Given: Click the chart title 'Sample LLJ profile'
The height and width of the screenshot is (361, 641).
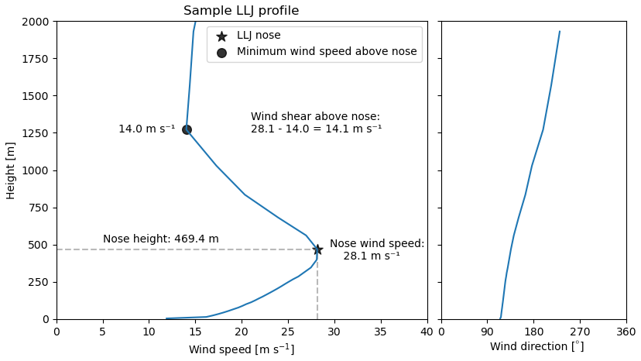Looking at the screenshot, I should click(x=241, y=11).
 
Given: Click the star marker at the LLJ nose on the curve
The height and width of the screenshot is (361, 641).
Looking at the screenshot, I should click(x=317, y=249).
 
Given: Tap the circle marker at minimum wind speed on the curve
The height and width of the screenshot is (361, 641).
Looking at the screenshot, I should click(x=187, y=129).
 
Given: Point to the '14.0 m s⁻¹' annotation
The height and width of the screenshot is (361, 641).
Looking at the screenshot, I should click(x=146, y=129).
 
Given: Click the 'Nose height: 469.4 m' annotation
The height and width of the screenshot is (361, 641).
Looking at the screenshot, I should click(x=161, y=239).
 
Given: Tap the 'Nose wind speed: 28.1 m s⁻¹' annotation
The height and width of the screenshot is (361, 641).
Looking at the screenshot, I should click(x=376, y=249).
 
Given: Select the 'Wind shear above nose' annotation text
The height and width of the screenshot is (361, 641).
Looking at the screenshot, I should click(x=316, y=122).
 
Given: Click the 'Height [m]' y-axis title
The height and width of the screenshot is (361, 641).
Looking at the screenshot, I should click(x=11, y=170).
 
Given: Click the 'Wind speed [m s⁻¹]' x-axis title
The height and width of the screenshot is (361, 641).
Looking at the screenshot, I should click(x=242, y=349).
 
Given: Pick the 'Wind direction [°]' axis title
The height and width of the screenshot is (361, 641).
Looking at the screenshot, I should click(x=536, y=347).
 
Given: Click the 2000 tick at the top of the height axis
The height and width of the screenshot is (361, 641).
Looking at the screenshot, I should click(x=35, y=22).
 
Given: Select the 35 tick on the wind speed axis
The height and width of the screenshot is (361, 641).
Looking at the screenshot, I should click(x=381, y=332).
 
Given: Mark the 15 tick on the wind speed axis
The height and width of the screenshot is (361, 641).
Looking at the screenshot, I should click(x=195, y=332).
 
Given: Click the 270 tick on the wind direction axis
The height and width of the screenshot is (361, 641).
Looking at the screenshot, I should click(x=580, y=332).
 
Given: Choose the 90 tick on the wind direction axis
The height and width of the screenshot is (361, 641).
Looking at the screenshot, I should click(x=488, y=332).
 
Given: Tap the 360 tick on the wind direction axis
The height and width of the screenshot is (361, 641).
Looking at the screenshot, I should click(x=626, y=332).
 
